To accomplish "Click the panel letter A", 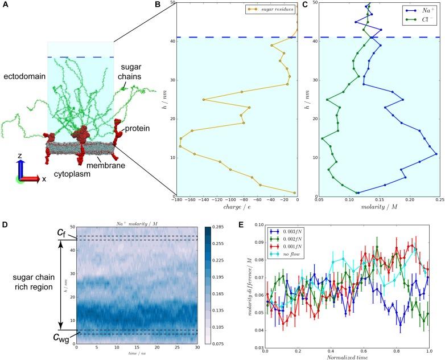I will [5, 5].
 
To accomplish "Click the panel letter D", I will [5, 208].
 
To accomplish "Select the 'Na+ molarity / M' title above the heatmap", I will [137, 213].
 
